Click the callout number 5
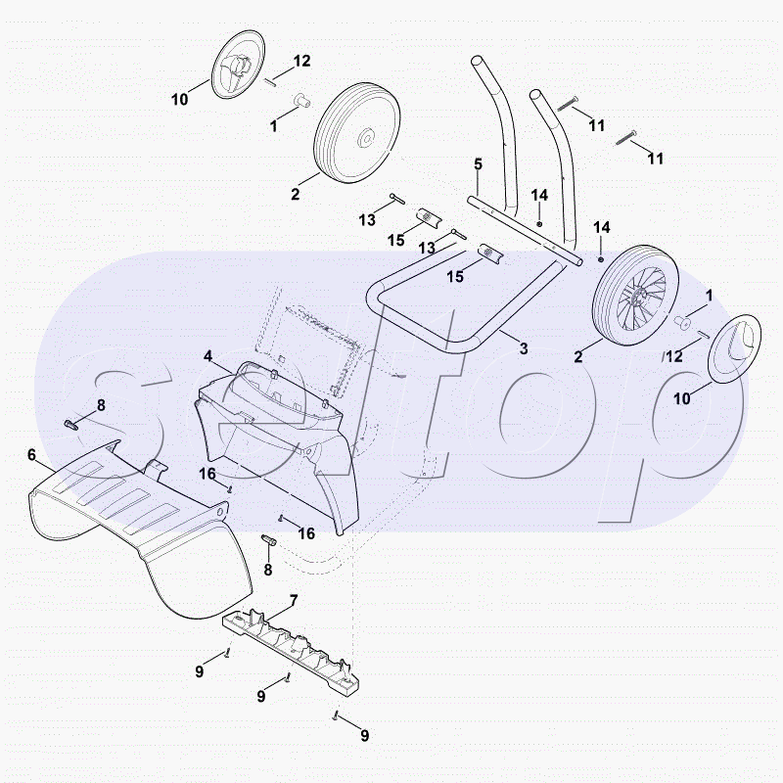tap(478, 163)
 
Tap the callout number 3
tap(524, 348)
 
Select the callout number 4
tap(207, 356)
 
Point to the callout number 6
tap(32, 455)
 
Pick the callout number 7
tap(293, 600)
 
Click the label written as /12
tap(672, 356)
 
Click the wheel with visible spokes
tap(635, 296)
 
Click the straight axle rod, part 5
tap(525, 231)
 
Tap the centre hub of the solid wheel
tap(367, 137)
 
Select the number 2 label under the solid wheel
tap(296, 194)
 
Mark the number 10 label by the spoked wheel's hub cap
tap(682, 398)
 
